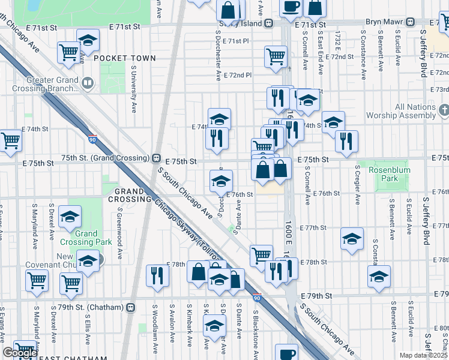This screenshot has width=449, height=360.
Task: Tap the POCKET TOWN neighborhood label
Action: [x=124, y=58]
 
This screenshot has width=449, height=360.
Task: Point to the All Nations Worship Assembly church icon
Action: [x=444, y=110]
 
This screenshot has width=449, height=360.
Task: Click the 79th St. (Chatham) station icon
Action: [x=130, y=307]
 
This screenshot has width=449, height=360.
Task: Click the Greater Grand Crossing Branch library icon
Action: [x=88, y=83]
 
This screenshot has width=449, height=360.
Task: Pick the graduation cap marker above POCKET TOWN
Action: [x=88, y=41]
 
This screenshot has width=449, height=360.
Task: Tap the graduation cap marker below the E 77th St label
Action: [x=352, y=238]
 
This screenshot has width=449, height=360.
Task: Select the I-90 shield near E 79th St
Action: [x=257, y=297]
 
